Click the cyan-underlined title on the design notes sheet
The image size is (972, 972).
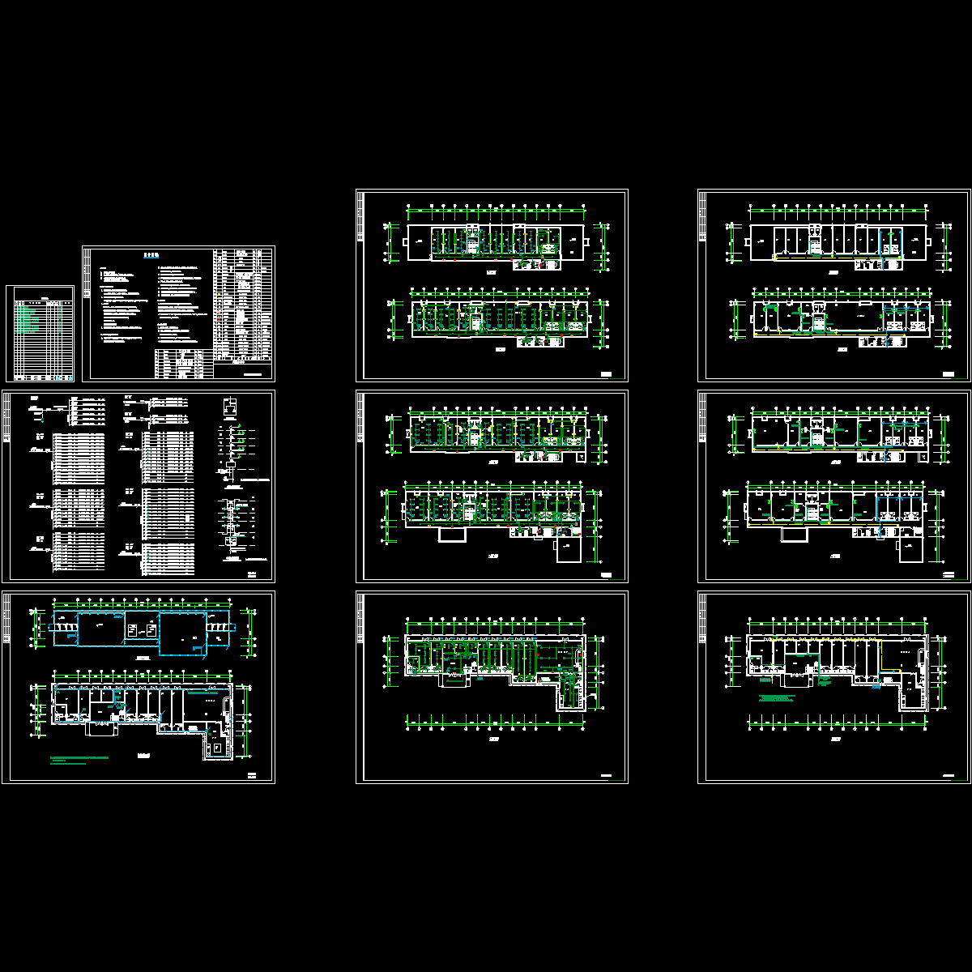click(x=151, y=254)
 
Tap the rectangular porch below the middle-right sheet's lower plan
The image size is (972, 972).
click(x=791, y=535)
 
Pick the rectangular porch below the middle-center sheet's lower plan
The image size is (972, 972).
click(x=449, y=535)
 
